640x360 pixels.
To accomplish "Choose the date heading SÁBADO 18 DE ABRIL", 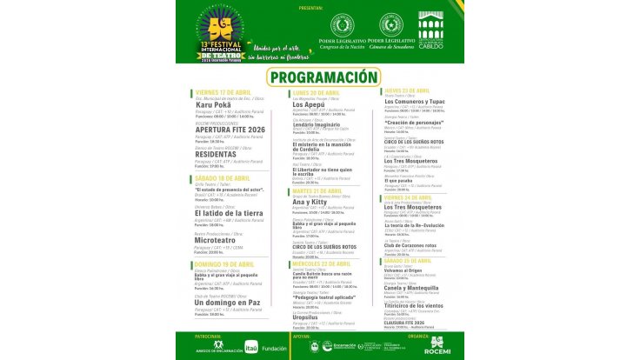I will coord(223,178).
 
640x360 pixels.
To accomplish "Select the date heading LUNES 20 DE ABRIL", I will coord(317,91).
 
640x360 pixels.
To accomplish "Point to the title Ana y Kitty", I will coord(310,201).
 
